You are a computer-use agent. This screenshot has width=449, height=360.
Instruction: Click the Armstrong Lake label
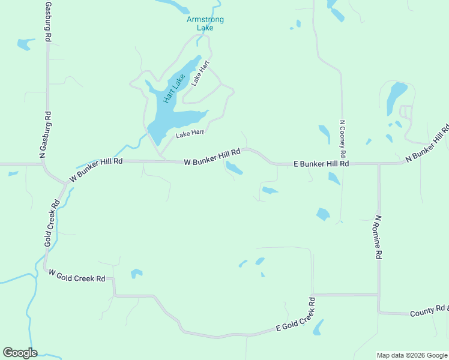pyautogui.click(x=205, y=23)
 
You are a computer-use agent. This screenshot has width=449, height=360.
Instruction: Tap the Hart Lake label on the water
pyautogui.click(x=173, y=88)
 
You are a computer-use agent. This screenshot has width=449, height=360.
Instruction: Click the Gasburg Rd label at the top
pyautogui.click(x=48, y=21)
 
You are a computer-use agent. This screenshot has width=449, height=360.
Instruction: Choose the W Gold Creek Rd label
pyautogui.click(x=77, y=276)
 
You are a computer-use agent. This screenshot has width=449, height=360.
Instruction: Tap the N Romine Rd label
pyautogui.click(x=378, y=237)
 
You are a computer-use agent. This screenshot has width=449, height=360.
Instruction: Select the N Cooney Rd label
pyautogui.click(x=342, y=139)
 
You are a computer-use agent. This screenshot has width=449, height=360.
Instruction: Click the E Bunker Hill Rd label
pyautogui.click(x=321, y=163)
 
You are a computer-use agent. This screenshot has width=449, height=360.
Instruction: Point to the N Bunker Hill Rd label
pyautogui.click(x=428, y=143)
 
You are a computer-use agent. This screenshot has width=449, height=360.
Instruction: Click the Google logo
pyautogui.click(x=20, y=353)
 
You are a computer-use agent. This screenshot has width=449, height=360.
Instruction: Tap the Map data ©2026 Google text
pyautogui.click(x=412, y=355)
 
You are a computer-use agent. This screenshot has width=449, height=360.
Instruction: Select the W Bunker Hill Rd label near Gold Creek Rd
pyautogui.click(x=96, y=169)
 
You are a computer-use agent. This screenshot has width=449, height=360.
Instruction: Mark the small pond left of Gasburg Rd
pyautogui.click(x=25, y=44)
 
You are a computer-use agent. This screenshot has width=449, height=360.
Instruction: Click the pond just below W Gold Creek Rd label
pyautogui.click(x=137, y=274)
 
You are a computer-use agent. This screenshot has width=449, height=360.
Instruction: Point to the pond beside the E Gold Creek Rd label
pyautogui.click(x=318, y=328)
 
